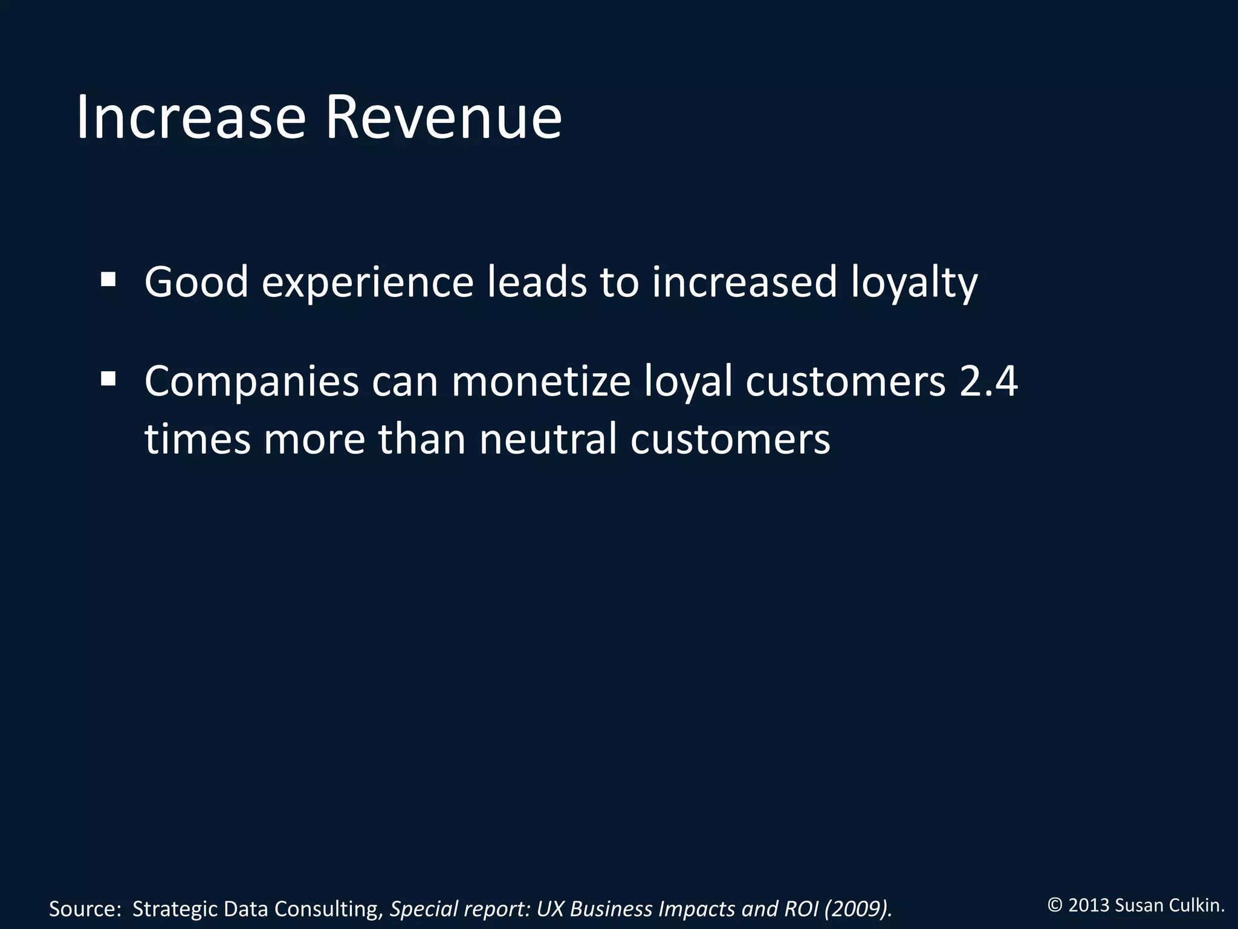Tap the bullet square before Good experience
[108, 279]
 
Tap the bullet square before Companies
[108, 379]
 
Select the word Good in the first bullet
[196, 282]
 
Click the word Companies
[251, 383]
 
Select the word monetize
[540, 382]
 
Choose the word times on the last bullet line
[197, 438]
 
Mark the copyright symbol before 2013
[1055, 905]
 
